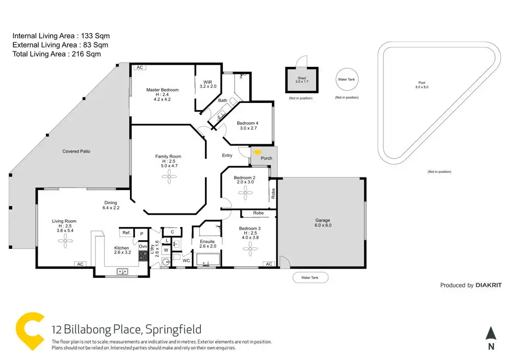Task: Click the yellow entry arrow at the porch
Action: [x=257, y=151]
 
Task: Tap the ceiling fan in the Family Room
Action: [x=168, y=176]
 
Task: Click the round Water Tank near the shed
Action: [x=346, y=80]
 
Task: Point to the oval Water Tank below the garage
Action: [x=311, y=277]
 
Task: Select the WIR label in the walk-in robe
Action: [x=208, y=82]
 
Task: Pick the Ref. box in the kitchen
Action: [x=126, y=233]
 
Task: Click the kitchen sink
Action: [x=122, y=271]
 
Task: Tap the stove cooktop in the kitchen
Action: [x=143, y=256]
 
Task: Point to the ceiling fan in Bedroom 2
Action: [x=244, y=193]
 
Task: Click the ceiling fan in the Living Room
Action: [x=66, y=243]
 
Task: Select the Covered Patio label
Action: [x=76, y=151]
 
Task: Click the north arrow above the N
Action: [x=491, y=333]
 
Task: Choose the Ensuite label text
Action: [x=207, y=241]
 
